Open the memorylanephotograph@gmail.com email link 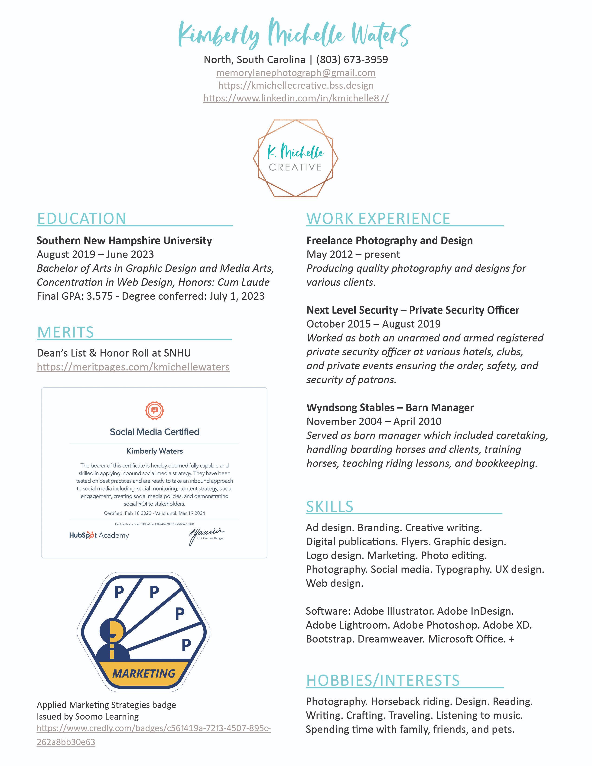296,73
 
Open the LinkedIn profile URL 296,98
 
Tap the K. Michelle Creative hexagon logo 296,158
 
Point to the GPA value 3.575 99,296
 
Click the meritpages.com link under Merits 133,367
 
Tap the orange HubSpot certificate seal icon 154,410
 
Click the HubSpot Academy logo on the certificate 99,535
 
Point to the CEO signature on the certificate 206,535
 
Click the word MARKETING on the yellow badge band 144,673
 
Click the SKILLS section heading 330,506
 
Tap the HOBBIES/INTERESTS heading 383,680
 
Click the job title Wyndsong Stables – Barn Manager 390,408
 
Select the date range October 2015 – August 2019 374,324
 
